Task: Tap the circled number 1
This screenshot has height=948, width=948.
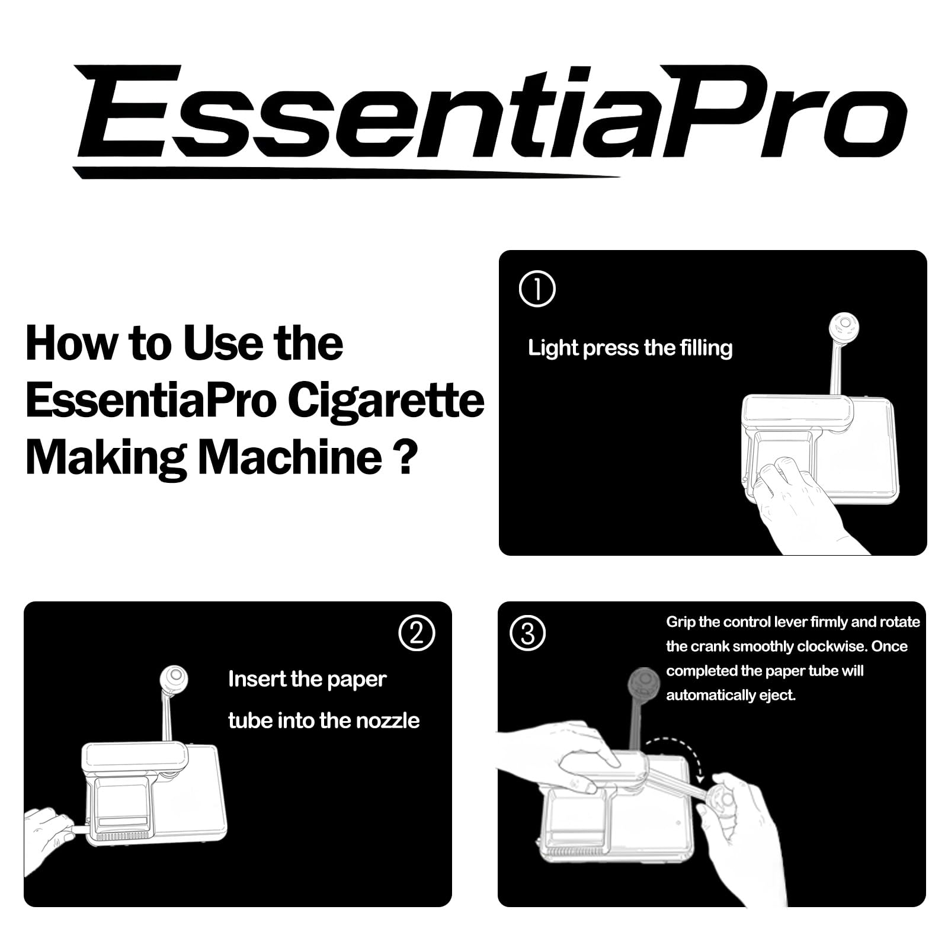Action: [537, 289]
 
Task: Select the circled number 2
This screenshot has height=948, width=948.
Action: [417, 633]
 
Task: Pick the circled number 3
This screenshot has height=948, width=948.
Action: [528, 633]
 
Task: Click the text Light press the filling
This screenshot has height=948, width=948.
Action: [630, 348]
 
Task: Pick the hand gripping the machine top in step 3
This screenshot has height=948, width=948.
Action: [563, 755]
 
